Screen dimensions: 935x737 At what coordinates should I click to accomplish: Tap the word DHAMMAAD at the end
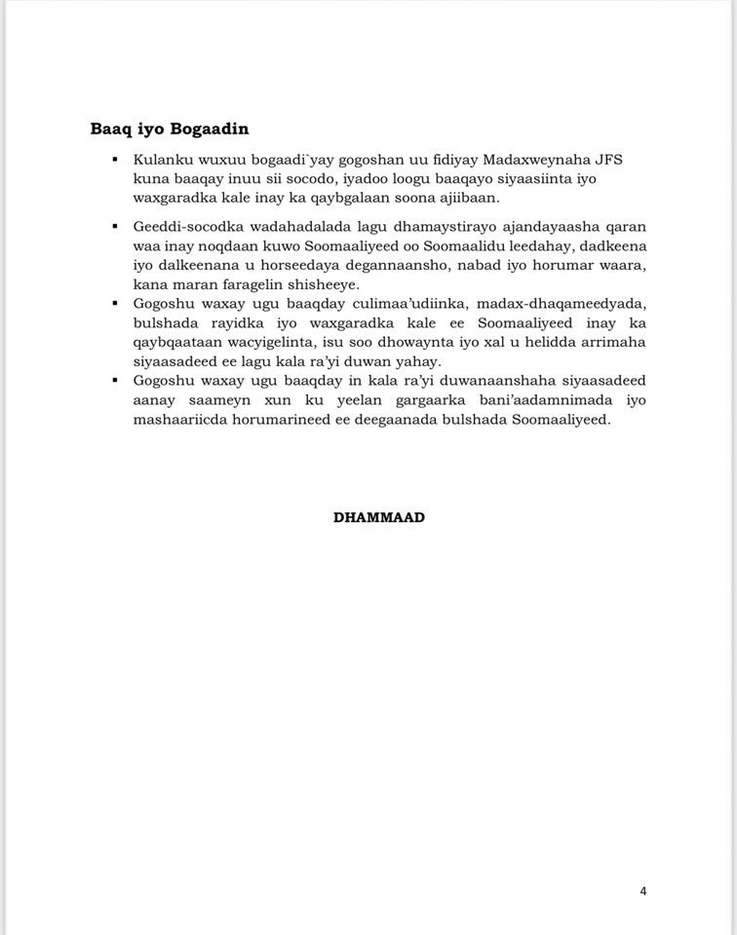(x=379, y=517)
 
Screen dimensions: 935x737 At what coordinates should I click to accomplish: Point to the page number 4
(x=643, y=890)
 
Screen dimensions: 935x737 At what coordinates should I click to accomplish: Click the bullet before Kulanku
(x=116, y=160)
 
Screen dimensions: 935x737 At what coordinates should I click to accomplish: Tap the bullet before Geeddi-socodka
(x=116, y=226)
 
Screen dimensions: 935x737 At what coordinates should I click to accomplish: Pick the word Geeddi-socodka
(x=186, y=226)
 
